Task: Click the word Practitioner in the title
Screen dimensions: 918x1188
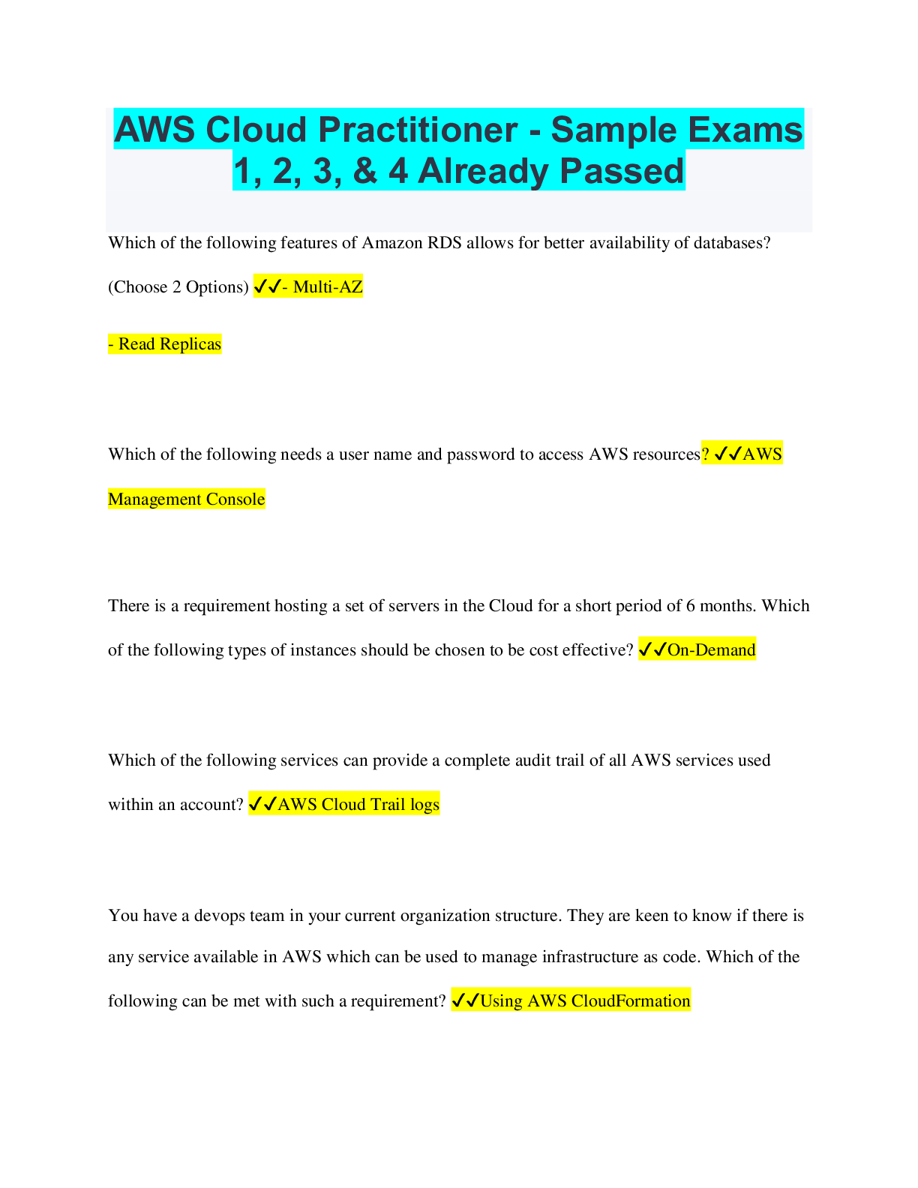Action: [418, 130]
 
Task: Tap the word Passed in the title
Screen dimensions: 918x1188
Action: [622, 171]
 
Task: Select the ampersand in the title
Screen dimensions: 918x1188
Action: [365, 171]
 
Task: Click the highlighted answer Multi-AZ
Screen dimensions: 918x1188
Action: [328, 287]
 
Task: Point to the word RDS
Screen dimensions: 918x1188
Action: [444, 243]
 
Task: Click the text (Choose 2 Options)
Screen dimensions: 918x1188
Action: [178, 287]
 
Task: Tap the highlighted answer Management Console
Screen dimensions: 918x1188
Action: [187, 499]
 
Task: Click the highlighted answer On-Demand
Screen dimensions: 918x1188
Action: [711, 649]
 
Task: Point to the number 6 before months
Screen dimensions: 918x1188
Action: [691, 606]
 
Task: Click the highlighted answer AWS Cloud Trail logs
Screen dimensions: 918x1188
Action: [358, 804]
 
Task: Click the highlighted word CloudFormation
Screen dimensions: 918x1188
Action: [631, 1000]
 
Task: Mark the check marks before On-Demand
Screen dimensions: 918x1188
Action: [652, 649]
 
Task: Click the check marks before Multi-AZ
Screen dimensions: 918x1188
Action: [268, 287]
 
